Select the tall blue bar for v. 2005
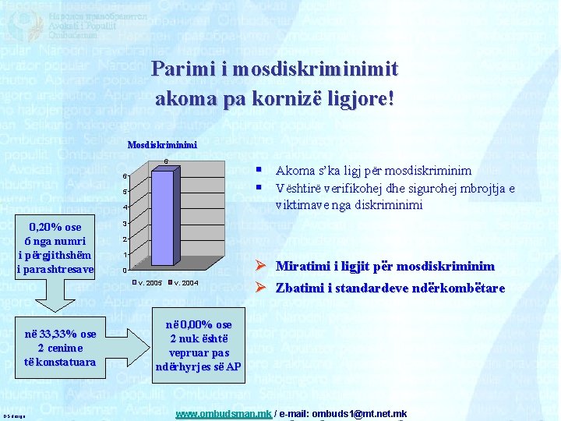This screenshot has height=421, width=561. [163, 218]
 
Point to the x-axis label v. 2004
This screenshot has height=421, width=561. [185, 282]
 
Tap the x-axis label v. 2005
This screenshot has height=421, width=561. [150, 282]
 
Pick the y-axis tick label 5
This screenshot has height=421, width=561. [125, 192]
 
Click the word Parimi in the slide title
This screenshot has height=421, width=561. [179, 69]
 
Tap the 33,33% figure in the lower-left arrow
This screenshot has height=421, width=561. [61, 334]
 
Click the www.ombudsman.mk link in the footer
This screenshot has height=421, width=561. [224, 413]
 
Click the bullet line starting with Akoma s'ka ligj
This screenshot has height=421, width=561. [373, 170]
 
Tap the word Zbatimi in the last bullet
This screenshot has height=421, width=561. [304, 288]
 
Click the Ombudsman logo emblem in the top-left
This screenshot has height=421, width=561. [23, 23]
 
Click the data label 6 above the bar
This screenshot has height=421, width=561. [165, 161]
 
